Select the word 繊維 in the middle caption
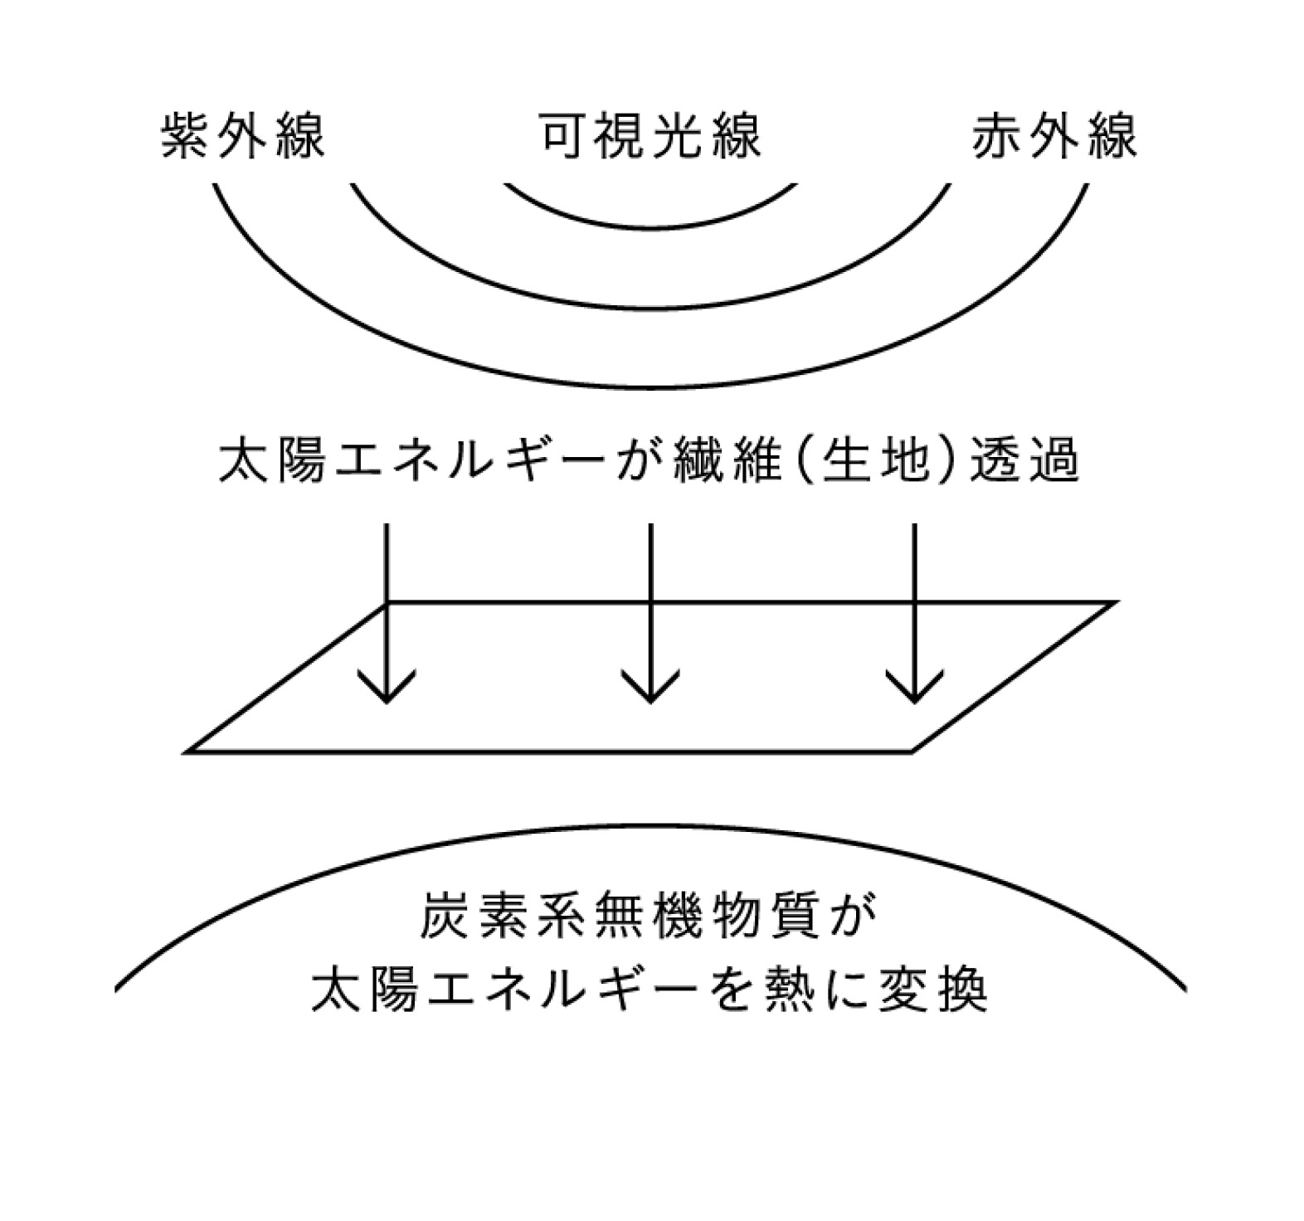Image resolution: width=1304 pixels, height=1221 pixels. [727, 460]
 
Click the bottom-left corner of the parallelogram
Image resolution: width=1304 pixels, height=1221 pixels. [187, 752]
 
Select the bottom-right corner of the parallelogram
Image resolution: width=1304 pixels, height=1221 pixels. [912, 752]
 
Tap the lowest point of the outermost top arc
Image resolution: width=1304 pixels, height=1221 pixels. [650, 387]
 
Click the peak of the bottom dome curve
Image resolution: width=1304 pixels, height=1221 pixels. [650, 826]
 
